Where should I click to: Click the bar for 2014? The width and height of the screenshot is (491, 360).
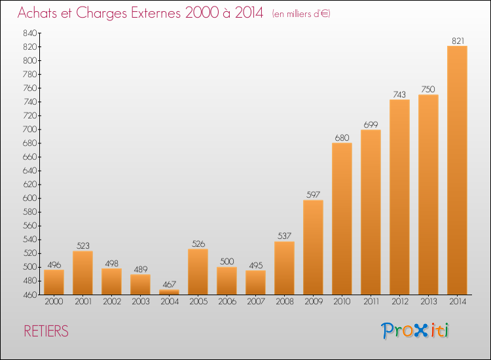tap(457, 170)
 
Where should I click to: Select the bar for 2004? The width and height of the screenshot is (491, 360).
tap(169, 292)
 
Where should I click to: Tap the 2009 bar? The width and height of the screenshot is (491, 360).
tap(313, 247)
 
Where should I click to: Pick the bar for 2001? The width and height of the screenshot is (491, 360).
tap(82, 272)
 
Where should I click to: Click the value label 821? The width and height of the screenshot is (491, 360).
tap(457, 41)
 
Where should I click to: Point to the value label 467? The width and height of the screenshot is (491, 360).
tap(169, 285)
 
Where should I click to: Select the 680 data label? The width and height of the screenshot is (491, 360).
tap(342, 137)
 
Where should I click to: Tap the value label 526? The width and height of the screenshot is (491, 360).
tap(198, 244)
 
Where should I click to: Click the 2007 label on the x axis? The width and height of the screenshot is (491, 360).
tap(255, 302)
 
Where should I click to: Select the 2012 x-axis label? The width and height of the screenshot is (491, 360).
tap(399, 302)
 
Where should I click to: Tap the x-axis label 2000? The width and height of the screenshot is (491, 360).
tap(54, 302)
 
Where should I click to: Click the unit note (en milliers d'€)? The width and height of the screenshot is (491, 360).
tap(301, 14)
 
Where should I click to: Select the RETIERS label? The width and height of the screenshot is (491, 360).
tap(46, 331)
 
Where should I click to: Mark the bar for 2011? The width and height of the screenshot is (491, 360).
tap(371, 212)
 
